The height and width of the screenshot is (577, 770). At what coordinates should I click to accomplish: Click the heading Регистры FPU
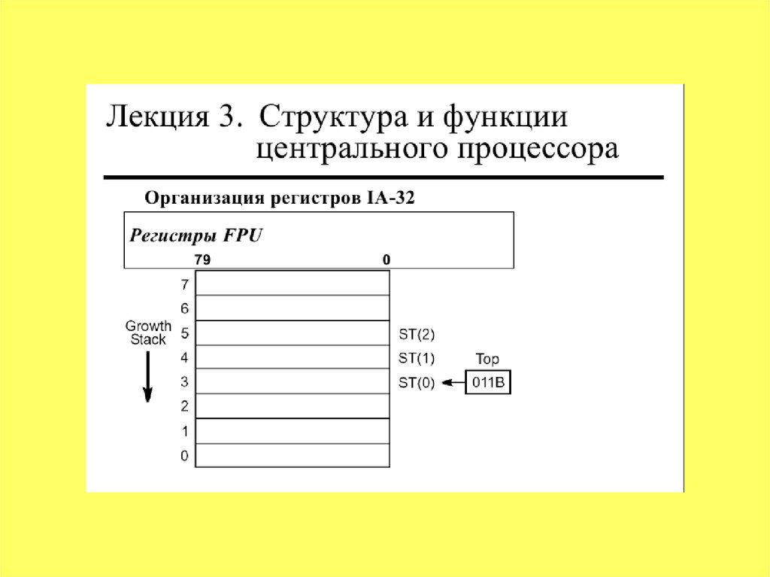click(196, 235)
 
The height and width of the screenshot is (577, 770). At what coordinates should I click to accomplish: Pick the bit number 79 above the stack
click(202, 260)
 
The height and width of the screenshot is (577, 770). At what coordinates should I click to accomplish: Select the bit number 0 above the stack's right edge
click(387, 260)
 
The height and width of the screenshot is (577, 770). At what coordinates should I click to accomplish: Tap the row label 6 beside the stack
click(184, 308)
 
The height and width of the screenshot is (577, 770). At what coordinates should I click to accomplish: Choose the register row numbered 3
click(293, 381)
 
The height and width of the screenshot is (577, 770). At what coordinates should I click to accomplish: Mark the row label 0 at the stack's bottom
click(184, 456)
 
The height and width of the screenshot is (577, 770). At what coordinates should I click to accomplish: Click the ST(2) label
click(416, 333)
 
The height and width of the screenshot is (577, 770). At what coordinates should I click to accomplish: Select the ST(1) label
click(416, 358)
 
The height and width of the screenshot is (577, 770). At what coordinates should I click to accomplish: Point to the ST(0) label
click(416, 383)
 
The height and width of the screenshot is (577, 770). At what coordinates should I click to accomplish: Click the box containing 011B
click(488, 383)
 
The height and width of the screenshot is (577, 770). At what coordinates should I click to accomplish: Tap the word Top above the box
click(487, 360)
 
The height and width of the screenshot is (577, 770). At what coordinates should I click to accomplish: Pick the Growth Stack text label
click(148, 333)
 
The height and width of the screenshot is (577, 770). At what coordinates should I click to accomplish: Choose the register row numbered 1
click(293, 431)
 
